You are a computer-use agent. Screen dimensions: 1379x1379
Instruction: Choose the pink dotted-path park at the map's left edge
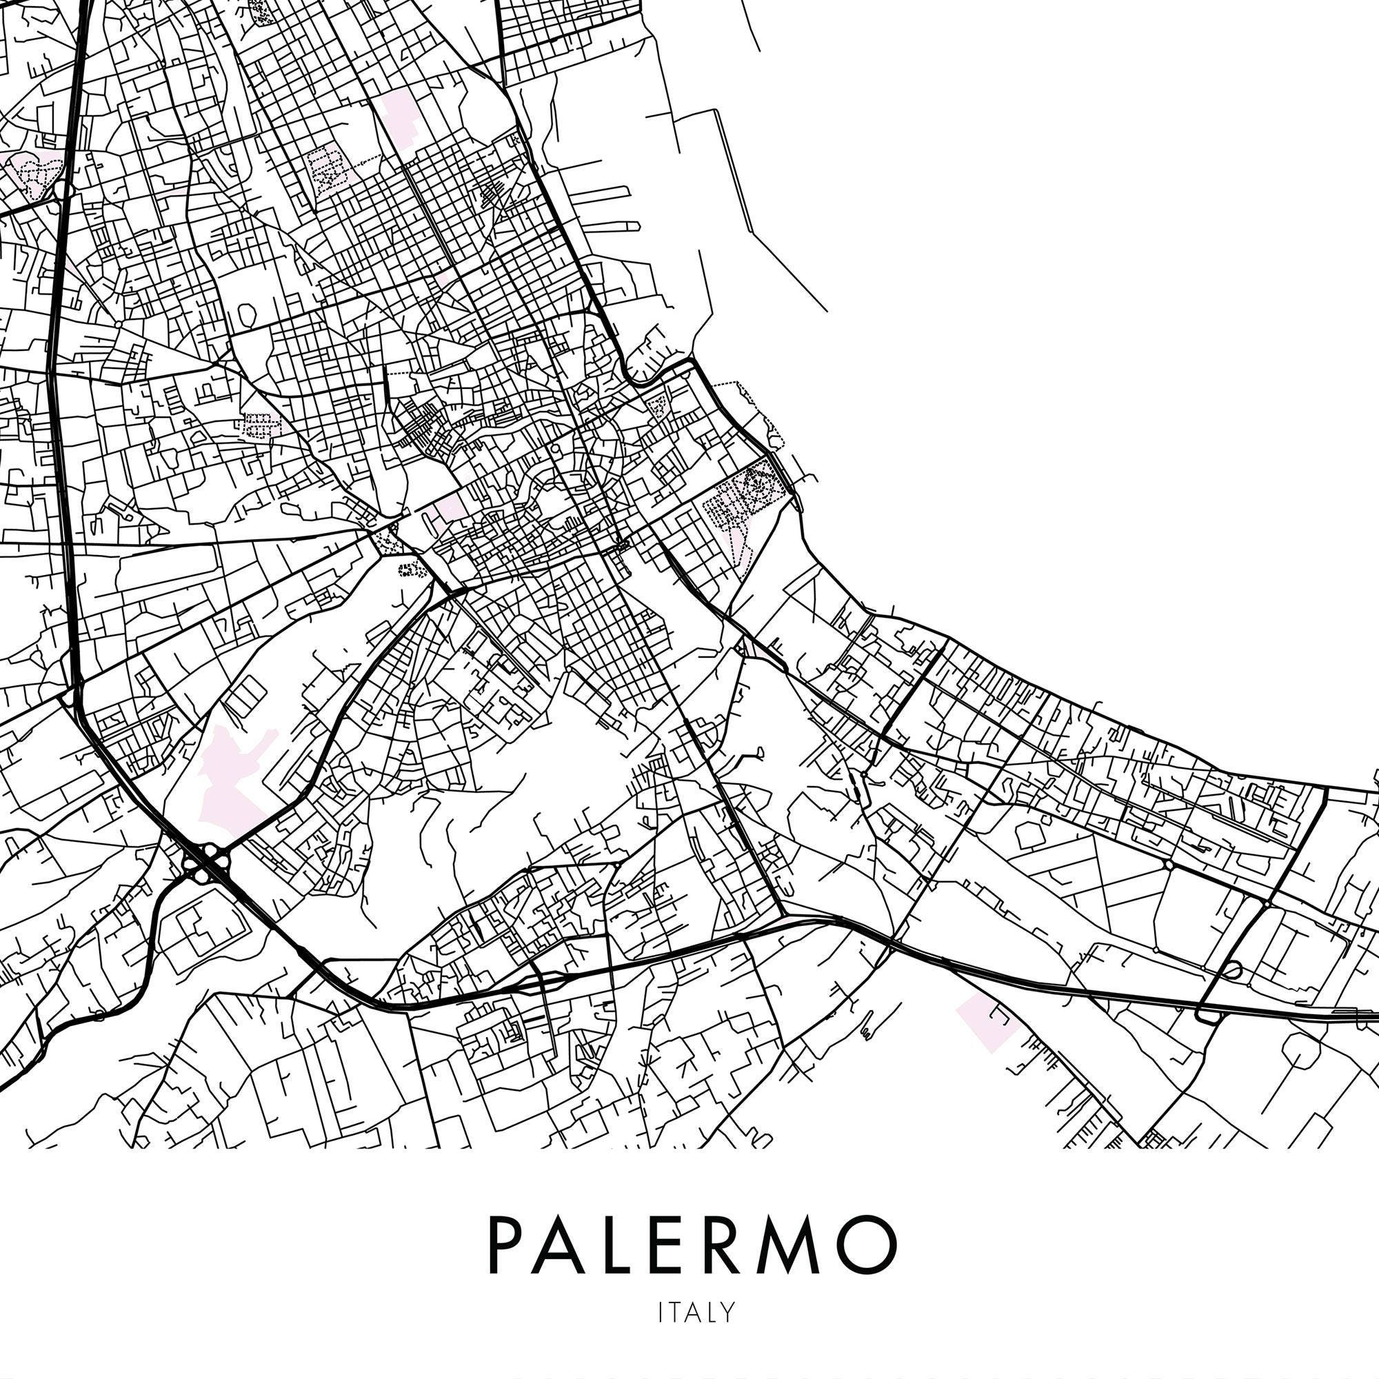pos(32,171)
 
